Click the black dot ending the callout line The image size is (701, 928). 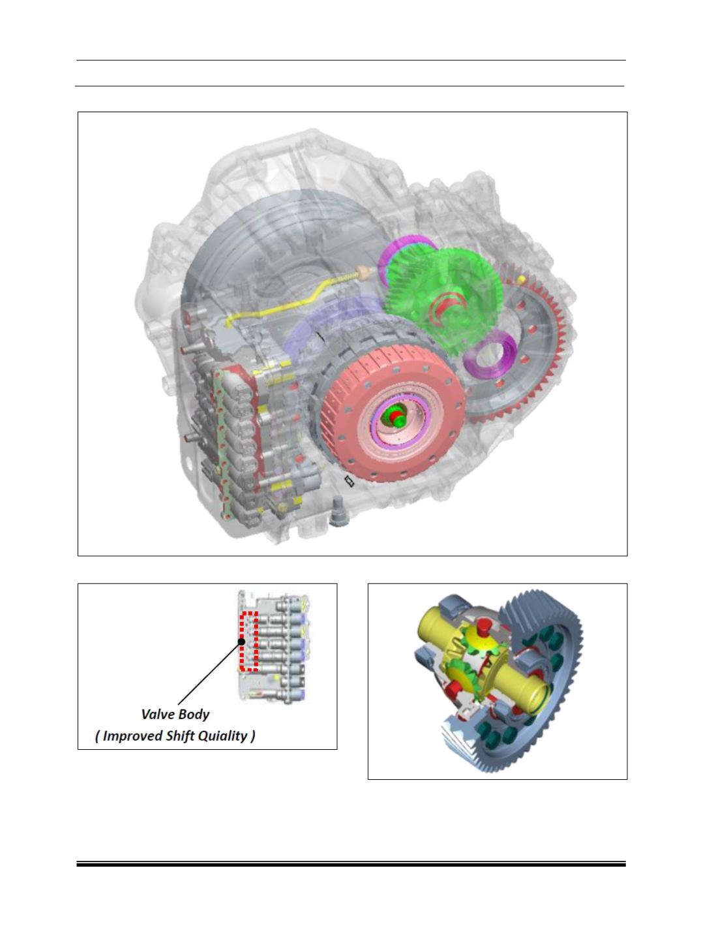[x=241, y=642]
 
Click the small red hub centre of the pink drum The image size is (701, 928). [x=395, y=418]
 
